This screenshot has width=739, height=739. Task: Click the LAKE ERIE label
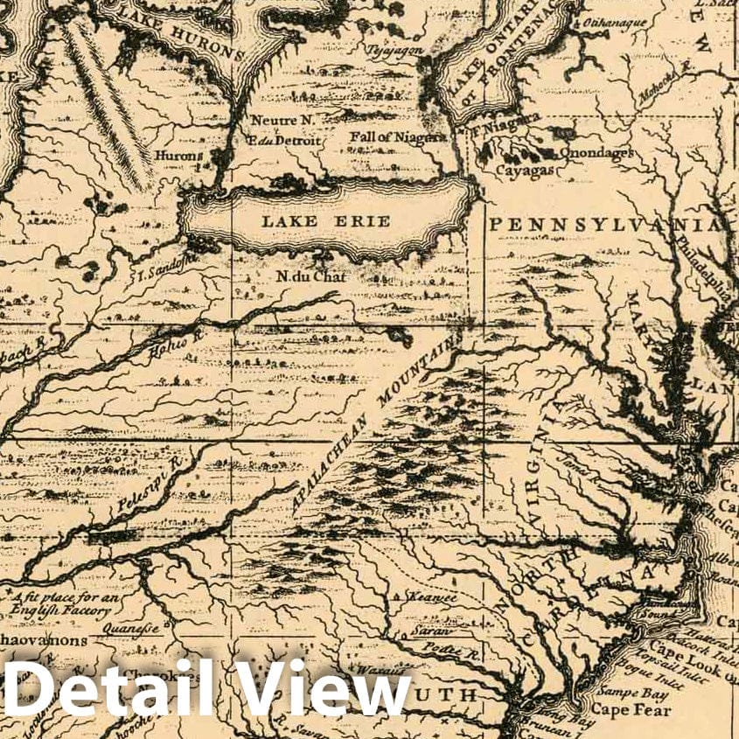(325, 221)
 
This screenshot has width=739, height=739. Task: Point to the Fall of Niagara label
(398, 137)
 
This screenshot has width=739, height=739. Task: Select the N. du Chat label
(311, 277)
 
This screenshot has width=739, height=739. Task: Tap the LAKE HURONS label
(181, 31)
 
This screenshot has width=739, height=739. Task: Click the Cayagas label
(525, 171)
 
